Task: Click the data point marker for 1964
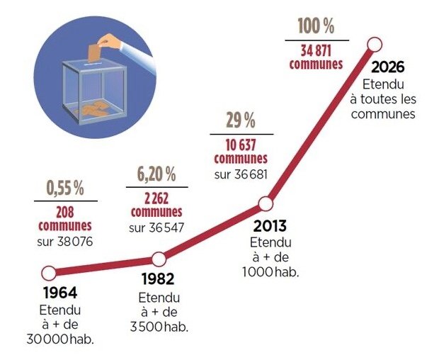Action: click(x=49, y=273)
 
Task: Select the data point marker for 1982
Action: click(x=159, y=259)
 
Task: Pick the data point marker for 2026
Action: click(x=375, y=45)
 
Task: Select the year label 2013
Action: click(x=270, y=227)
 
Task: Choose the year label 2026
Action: click(x=387, y=68)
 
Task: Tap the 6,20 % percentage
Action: click(x=156, y=174)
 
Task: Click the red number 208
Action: click(x=65, y=212)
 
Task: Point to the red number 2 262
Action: click(x=156, y=198)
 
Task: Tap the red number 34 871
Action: click(x=317, y=50)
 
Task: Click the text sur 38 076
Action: click(x=65, y=241)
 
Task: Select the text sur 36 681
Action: click(x=240, y=174)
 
